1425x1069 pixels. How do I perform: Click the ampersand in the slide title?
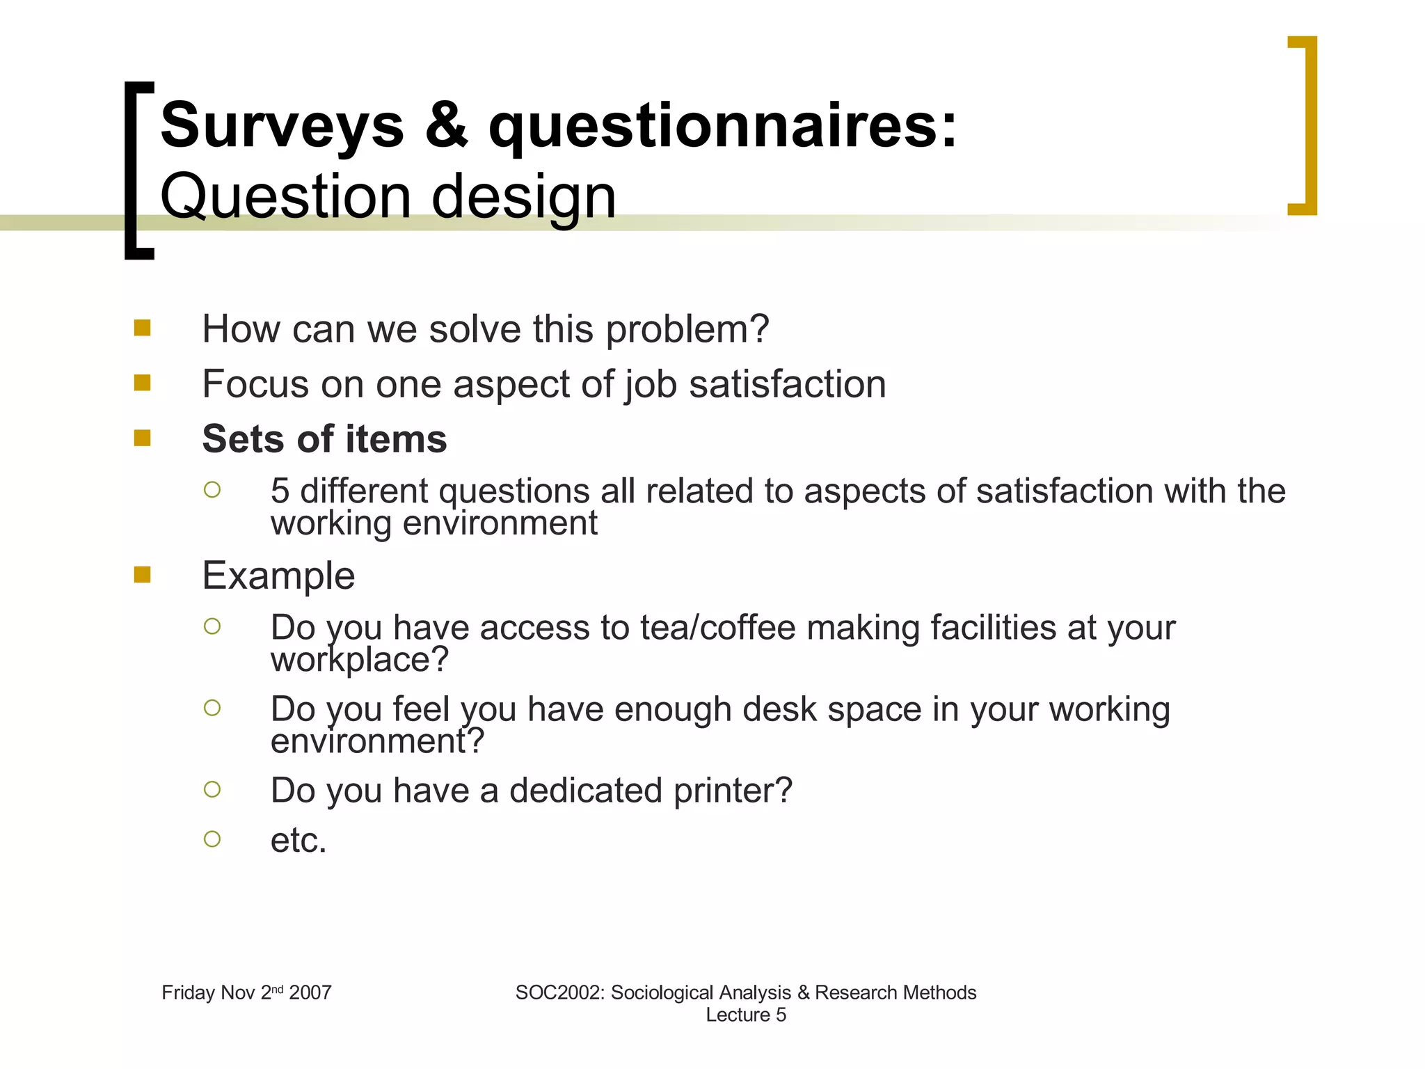click(x=446, y=126)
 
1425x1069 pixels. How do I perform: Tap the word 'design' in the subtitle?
click(x=523, y=197)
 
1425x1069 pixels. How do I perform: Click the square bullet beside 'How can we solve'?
click(x=143, y=328)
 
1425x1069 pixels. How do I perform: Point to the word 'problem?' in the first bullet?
click(x=687, y=329)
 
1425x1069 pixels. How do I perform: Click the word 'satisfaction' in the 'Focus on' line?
click(x=787, y=384)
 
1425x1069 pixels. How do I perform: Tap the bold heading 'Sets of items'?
click(x=324, y=439)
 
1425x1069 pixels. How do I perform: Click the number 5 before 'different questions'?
click(x=280, y=491)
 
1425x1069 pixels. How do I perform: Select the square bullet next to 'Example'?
click(x=143, y=574)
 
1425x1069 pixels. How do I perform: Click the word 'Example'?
click(x=278, y=576)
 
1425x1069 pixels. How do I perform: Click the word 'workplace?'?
click(x=359, y=660)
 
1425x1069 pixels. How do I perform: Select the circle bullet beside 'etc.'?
click(x=212, y=839)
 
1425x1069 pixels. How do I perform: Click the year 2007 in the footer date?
click(x=310, y=992)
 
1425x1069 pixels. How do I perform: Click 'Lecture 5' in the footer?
click(x=746, y=1015)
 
